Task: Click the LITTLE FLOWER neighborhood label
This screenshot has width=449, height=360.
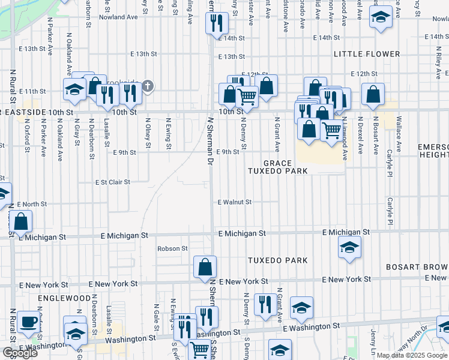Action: pyautogui.click(x=367, y=54)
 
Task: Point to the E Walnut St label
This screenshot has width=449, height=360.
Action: pyautogui.click(x=234, y=202)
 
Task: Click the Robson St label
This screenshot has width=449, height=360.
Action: pyautogui.click(x=172, y=248)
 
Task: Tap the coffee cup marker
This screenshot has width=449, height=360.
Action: pyautogui.click(x=28, y=322)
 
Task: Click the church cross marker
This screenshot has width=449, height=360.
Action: pyautogui.click(x=147, y=86)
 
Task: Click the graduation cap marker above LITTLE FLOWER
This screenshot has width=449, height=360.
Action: pyautogui.click(x=380, y=17)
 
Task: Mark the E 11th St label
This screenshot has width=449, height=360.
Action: pyautogui.click(x=32, y=91)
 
